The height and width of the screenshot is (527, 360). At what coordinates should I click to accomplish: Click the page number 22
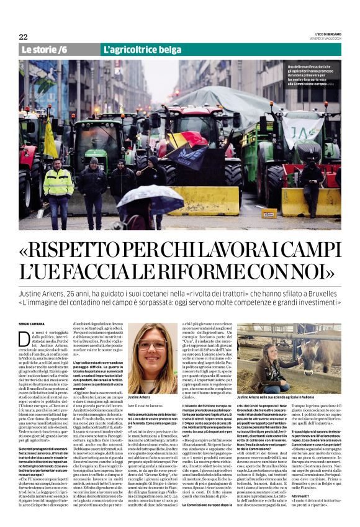(23, 37)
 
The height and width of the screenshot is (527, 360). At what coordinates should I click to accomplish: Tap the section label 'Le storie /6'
(44, 49)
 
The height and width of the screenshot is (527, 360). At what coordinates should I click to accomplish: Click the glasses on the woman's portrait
(152, 345)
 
